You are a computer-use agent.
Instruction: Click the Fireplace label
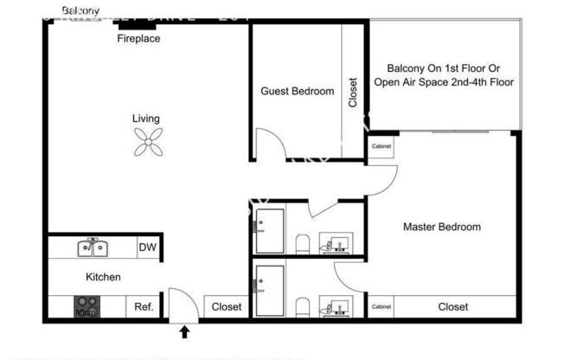138,39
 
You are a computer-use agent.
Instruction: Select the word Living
145,119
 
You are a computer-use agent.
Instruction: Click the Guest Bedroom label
297,91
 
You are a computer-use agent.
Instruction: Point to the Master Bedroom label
442,228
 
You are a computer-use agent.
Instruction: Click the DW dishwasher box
147,247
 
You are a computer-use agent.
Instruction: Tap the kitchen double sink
93,248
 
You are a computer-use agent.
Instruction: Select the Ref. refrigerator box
144,307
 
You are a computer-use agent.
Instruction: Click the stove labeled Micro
87,307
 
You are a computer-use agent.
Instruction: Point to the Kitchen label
103,278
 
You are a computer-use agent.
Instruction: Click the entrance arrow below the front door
183,331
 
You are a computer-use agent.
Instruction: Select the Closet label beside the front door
227,307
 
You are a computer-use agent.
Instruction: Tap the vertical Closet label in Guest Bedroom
353,93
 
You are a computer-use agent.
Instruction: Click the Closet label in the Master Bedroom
453,307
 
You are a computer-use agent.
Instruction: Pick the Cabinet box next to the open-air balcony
381,146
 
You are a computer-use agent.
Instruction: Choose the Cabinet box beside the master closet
381,307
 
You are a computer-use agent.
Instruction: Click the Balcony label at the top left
80,10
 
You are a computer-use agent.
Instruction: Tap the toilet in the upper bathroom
301,244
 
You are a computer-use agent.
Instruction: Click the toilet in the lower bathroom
301,306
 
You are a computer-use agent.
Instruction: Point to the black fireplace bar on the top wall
137,28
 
